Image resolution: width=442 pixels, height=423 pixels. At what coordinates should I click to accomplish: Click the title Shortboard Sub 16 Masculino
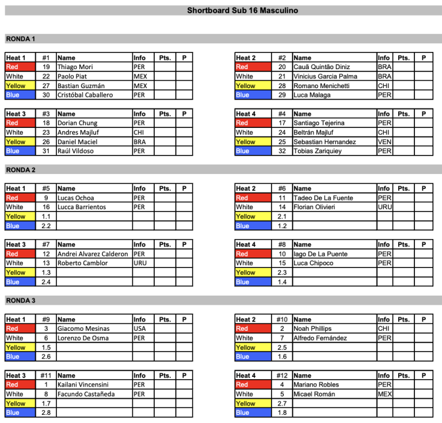click(242, 10)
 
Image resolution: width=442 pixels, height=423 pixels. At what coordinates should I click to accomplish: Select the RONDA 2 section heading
click(21, 170)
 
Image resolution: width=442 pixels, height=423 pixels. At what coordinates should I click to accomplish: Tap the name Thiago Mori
click(75, 67)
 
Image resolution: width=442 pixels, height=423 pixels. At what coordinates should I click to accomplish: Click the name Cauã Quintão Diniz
click(321, 67)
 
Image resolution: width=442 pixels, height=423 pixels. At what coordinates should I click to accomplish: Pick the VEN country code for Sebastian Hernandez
click(384, 142)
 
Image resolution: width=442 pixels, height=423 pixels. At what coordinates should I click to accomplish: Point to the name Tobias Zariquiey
click(318, 151)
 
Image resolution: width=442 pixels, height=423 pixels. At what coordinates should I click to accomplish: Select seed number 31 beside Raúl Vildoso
click(46, 151)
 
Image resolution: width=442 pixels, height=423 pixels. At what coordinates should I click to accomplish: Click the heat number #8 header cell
click(282, 244)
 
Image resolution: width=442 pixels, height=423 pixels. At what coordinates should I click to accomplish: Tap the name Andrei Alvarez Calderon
click(92, 254)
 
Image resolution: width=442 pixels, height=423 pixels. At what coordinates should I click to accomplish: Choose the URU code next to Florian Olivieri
click(385, 207)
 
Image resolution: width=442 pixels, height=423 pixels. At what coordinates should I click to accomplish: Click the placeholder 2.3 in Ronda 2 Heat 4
click(282, 273)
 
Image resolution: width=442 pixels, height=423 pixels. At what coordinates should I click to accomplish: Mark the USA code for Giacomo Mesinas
click(140, 328)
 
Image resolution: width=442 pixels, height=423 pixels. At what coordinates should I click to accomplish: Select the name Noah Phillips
click(313, 328)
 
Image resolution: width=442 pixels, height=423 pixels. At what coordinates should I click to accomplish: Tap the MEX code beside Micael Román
click(385, 394)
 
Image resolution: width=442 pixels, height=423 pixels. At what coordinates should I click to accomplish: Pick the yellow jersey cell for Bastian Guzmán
click(20, 86)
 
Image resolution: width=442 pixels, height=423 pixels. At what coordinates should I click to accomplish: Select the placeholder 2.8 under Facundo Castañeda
click(46, 413)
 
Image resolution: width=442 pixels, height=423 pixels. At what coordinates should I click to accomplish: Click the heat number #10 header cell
click(282, 319)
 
